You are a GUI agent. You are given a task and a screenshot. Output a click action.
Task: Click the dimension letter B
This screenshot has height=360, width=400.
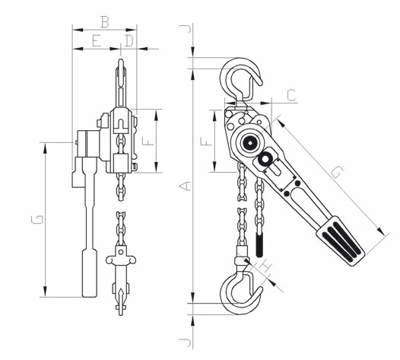click(x=105, y=22)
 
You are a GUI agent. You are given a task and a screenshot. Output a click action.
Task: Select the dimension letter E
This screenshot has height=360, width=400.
click(x=96, y=41)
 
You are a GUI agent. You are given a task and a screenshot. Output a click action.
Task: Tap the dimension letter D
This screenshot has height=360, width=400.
click(x=129, y=41)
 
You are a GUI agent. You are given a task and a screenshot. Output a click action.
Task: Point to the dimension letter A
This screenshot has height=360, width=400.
click(x=185, y=186)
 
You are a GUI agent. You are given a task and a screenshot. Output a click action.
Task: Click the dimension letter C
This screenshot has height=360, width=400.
click(x=291, y=95)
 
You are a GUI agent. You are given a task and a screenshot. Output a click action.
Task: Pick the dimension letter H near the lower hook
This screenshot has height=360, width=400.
click(x=265, y=268)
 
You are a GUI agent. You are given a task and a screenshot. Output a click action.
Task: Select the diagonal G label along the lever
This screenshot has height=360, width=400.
click(x=337, y=171)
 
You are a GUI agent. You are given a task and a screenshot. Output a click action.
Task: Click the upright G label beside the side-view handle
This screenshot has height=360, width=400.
click(x=37, y=219)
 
